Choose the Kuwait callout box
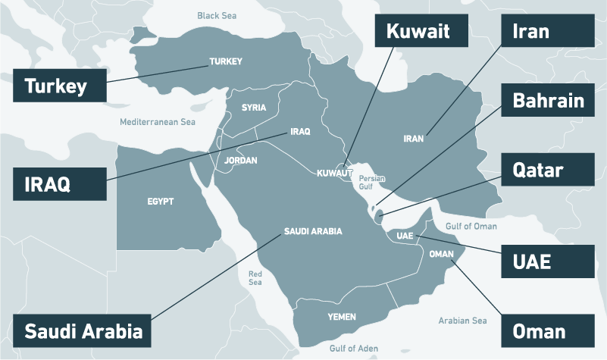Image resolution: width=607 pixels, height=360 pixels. click(x=418, y=32)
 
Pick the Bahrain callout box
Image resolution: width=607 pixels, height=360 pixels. click(x=547, y=101)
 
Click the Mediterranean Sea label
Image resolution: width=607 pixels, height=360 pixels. click(x=158, y=121)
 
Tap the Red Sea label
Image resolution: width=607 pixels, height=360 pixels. click(x=255, y=277)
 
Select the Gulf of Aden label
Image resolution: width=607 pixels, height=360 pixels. click(x=354, y=348)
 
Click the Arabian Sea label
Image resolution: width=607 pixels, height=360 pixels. click(x=462, y=321)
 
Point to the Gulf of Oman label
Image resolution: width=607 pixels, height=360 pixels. click(x=471, y=226)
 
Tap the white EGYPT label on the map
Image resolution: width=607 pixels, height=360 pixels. click(x=160, y=202)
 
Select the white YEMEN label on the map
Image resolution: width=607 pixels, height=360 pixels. click(x=342, y=315)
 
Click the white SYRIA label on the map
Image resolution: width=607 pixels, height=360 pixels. click(x=254, y=108)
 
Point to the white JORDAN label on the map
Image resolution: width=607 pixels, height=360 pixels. click(x=241, y=161)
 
